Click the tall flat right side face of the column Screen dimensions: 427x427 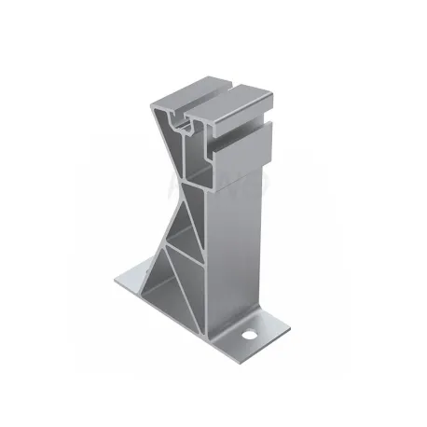click(x=238, y=233)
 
